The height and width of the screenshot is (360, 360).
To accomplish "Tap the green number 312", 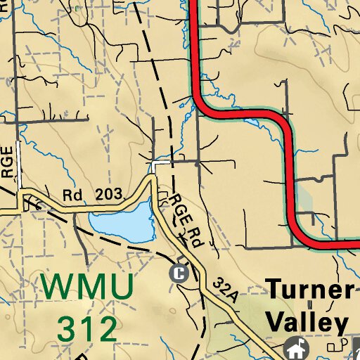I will click(x=87, y=327).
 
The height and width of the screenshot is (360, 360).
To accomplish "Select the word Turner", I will click(x=309, y=289).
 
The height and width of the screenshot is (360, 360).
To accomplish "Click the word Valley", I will click(x=307, y=323).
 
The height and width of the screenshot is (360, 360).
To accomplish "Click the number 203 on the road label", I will click(x=105, y=193).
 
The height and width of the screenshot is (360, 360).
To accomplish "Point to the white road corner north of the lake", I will click(x=154, y=165).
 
